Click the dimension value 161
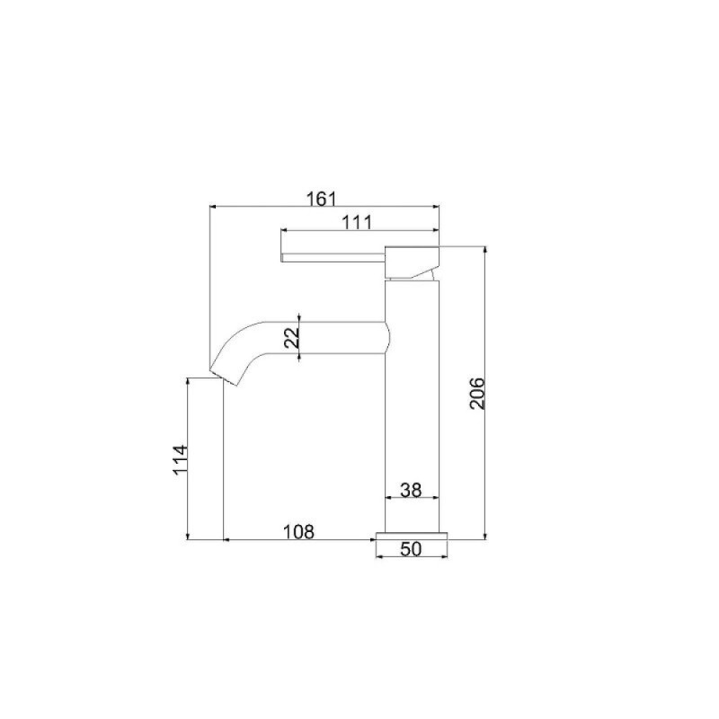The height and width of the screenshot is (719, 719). pos(322,200)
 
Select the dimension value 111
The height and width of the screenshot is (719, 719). pos(358,223)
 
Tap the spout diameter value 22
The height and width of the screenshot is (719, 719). pos(291,338)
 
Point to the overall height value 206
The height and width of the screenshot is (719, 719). pos(477,394)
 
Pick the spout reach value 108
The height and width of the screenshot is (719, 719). pos(298,532)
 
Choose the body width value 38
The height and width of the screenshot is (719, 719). pos(411,490)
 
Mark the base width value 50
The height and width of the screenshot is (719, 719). pos(411,549)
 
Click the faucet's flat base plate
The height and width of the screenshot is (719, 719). pos(412,536)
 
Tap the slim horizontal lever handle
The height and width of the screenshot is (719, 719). pos(333,257)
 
